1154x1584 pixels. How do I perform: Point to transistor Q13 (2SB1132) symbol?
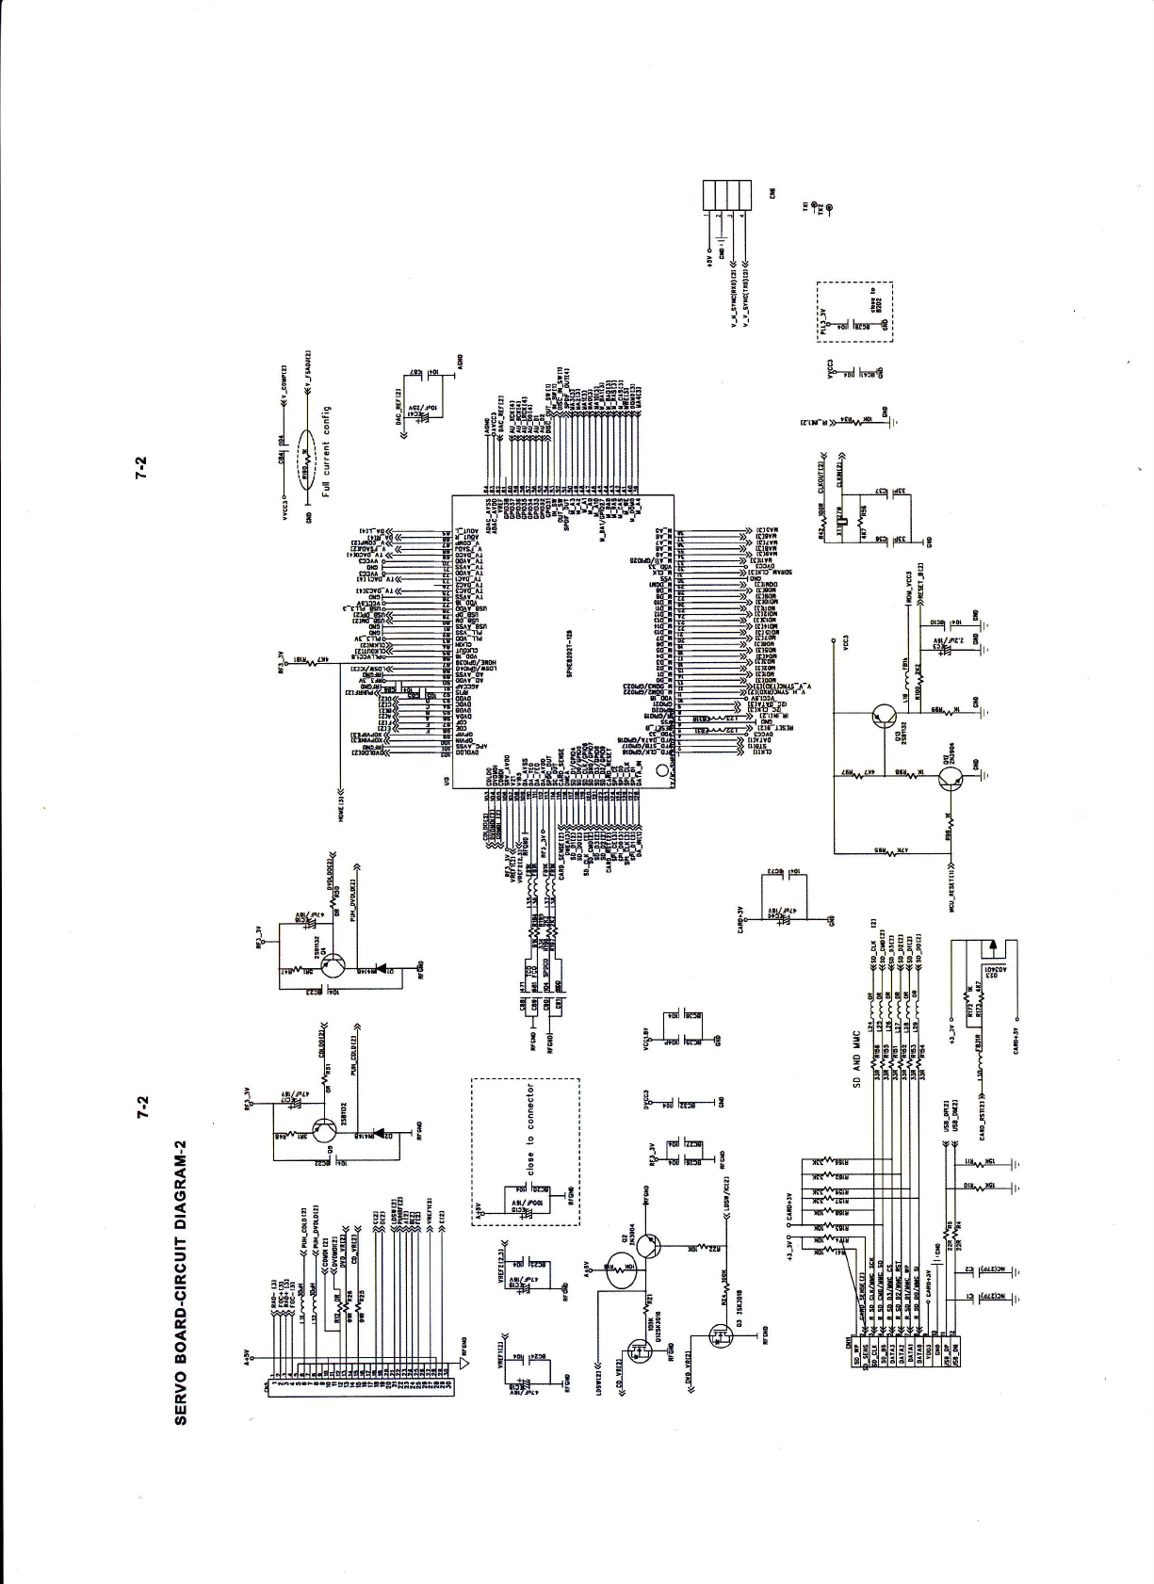click(x=882, y=717)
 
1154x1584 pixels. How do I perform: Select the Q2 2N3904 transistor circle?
click(x=648, y=1245)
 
